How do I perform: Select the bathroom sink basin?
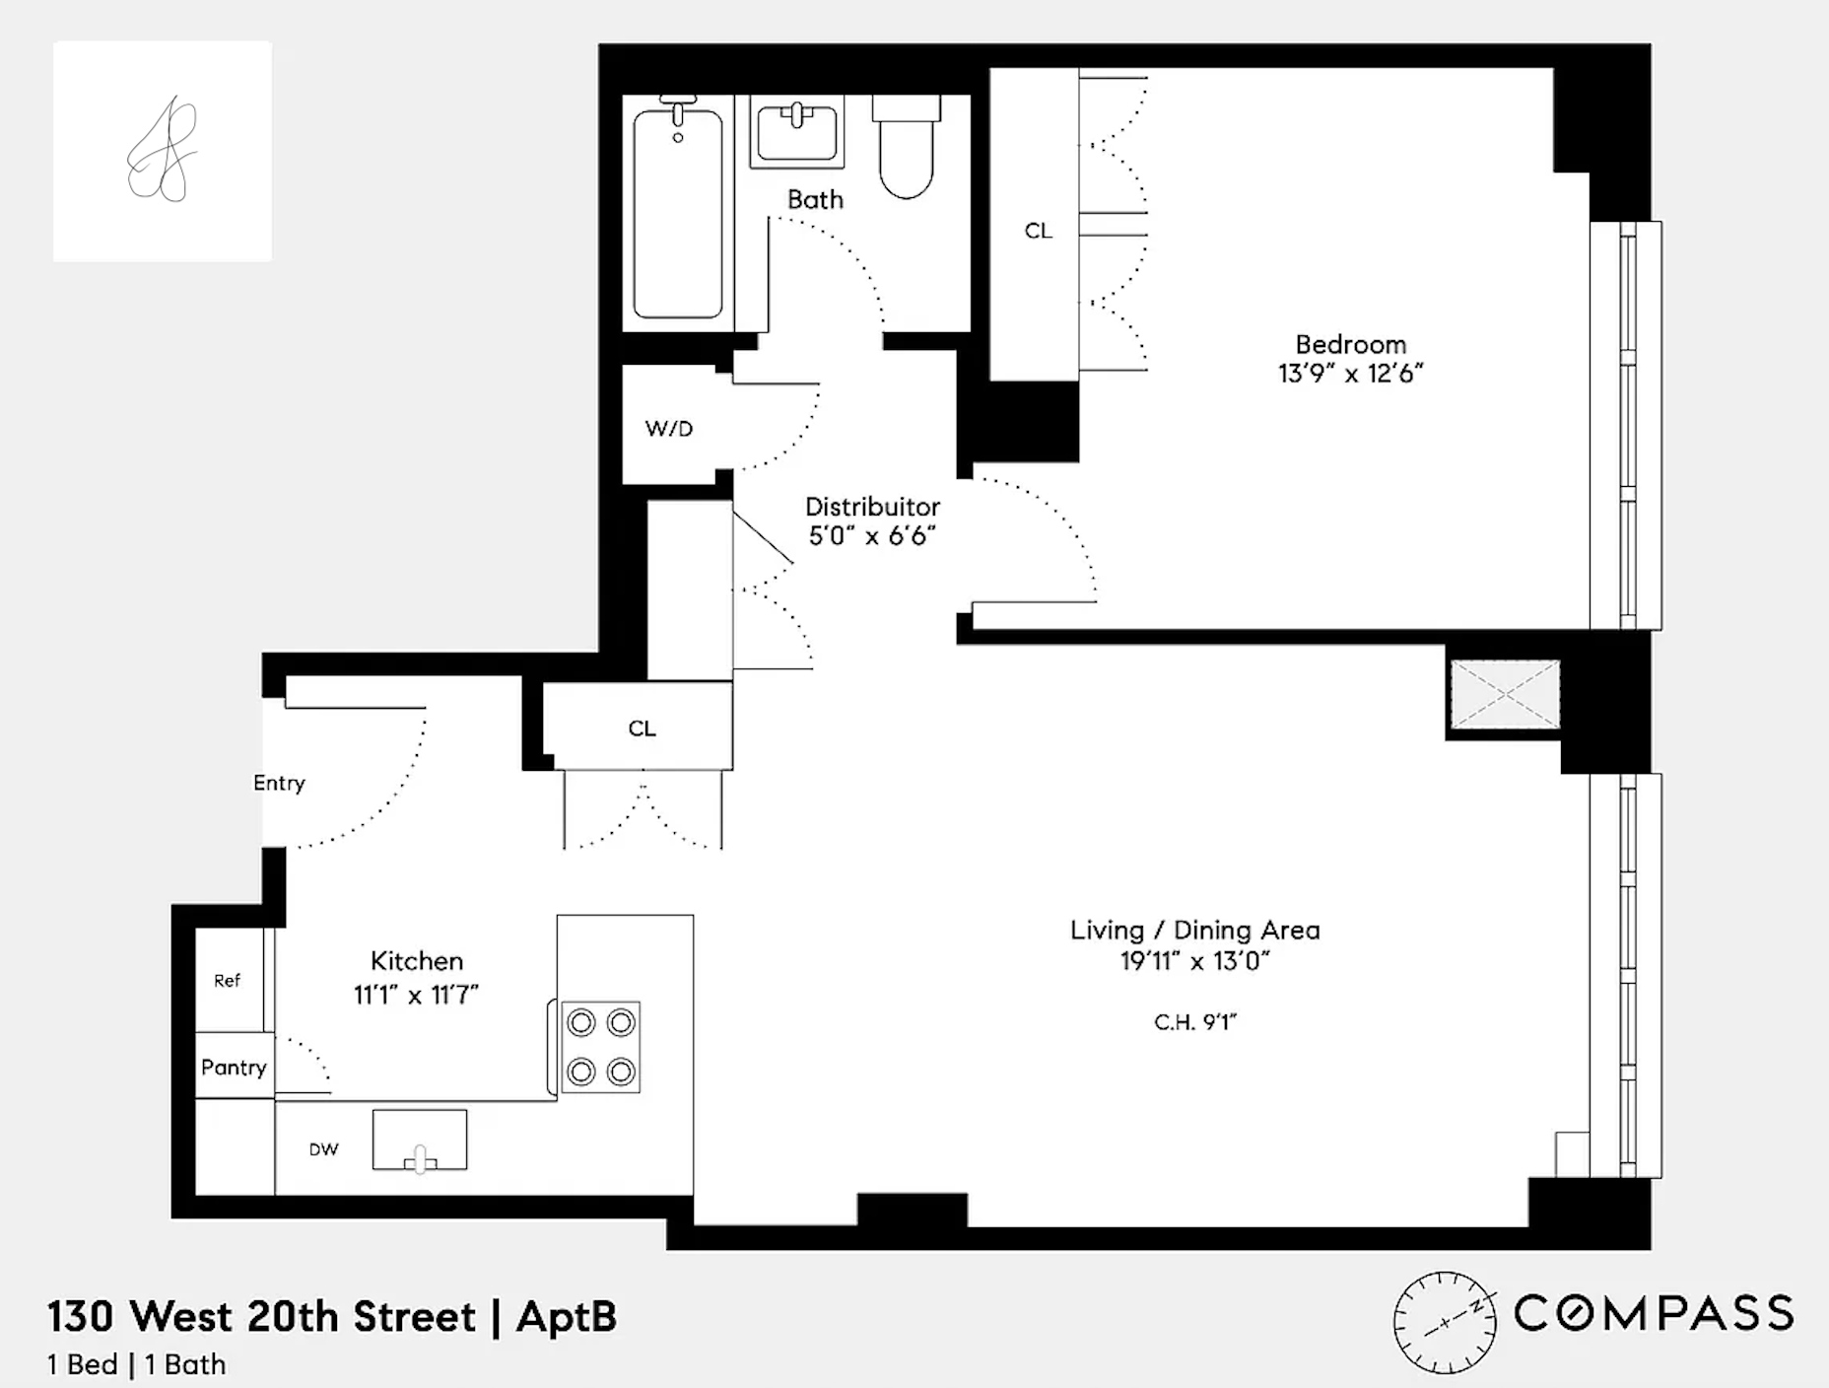click(x=795, y=132)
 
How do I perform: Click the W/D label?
click(x=669, y=429)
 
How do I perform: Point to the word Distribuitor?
click(x=872, y=507)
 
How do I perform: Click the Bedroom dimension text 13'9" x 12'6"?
click(x=1350, y=374)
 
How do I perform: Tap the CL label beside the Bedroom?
click(x=1038, y=231)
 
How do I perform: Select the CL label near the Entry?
click(x=642, y=729)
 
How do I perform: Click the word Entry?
click(x=279, y=783)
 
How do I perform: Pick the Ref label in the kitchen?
click(x=227, y=981)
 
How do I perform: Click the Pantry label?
click(x=234, y=1068)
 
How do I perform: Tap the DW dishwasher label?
click(x=323, y=1149)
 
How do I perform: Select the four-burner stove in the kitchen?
click(x=600, y=1047)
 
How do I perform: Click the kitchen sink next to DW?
click(x=420, y=1141)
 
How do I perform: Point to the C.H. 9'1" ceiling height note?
click(x=1194, y=1022)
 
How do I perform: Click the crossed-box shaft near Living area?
click(x=1505, y=695)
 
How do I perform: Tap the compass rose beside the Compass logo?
click(x=1444, y=1323)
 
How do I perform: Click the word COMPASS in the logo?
click(x=1654, y=1314)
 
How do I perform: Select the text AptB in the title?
click(x=567, y=1317)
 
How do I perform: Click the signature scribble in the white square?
click(x=163, y=151)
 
